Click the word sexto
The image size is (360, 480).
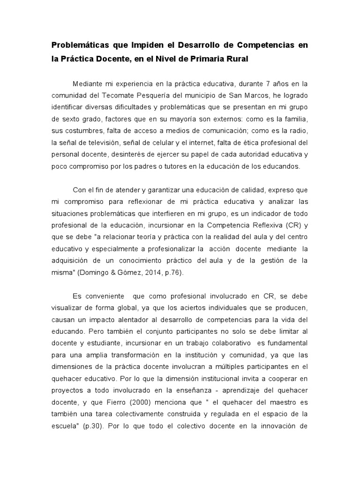(x=70, y=119)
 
